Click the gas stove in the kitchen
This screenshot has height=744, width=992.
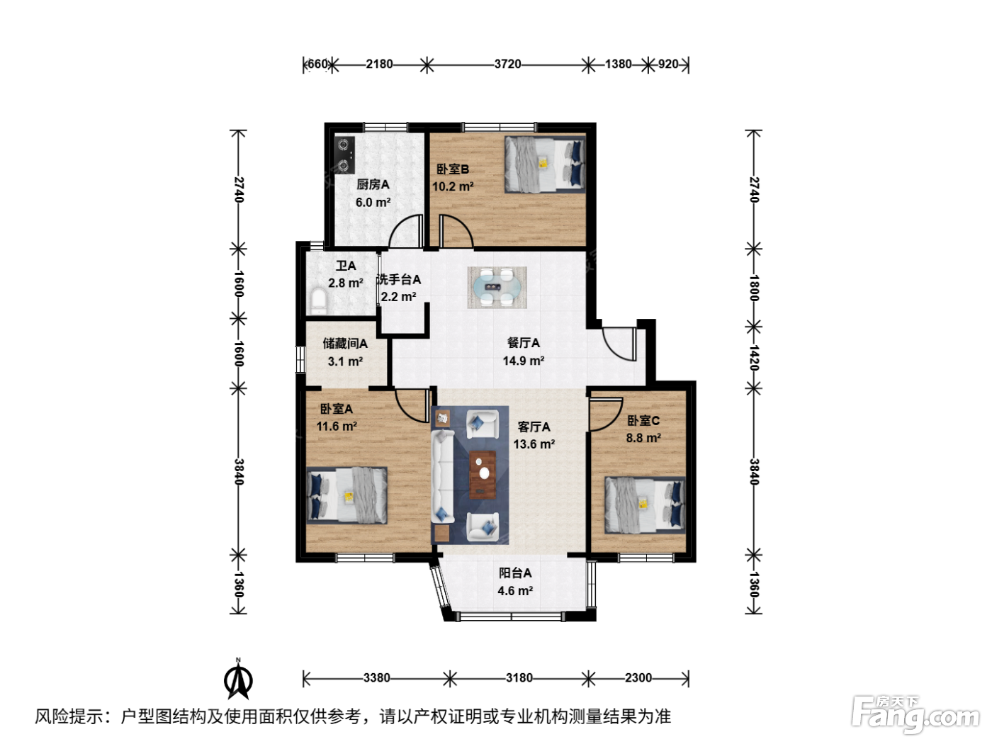pos(344,155)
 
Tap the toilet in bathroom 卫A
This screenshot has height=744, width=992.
pos(319,303)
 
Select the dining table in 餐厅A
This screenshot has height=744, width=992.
pos(497,287)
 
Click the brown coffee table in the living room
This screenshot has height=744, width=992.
pos(483,474)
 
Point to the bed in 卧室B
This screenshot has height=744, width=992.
pos(545,165)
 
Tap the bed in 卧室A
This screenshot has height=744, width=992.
pos(346,495)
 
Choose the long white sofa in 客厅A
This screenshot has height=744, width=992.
pos(442,477)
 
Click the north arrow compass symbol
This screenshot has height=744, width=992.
pos(238,680)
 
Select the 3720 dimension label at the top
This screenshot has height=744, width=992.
pos(507,64)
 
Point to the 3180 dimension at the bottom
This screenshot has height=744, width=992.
pos(519,678)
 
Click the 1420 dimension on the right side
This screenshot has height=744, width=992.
pos(754,357)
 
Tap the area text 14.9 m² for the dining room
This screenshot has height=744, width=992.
pos(524,361)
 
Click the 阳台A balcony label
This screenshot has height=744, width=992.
pos(514,573)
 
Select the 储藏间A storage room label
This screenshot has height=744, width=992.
pos(345,344)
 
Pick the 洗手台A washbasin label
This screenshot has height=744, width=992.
pos(399,280)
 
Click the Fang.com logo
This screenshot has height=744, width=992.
pos(915,716)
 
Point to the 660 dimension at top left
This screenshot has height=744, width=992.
pos(317,64)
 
